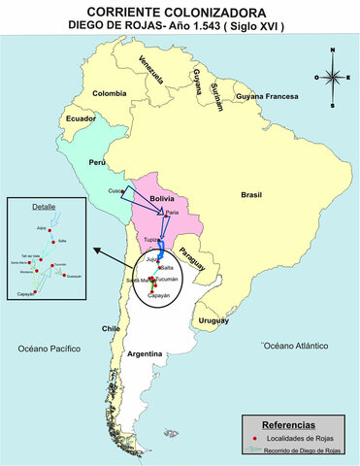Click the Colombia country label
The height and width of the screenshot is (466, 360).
click(x=110, y=93)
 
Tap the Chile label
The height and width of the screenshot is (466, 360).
click(x=110, y=329)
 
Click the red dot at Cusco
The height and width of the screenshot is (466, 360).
click(x=123, y=190)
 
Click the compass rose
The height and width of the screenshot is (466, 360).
click(x=331, y=77)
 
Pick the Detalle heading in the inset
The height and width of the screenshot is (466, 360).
click(x=43, y=207)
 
